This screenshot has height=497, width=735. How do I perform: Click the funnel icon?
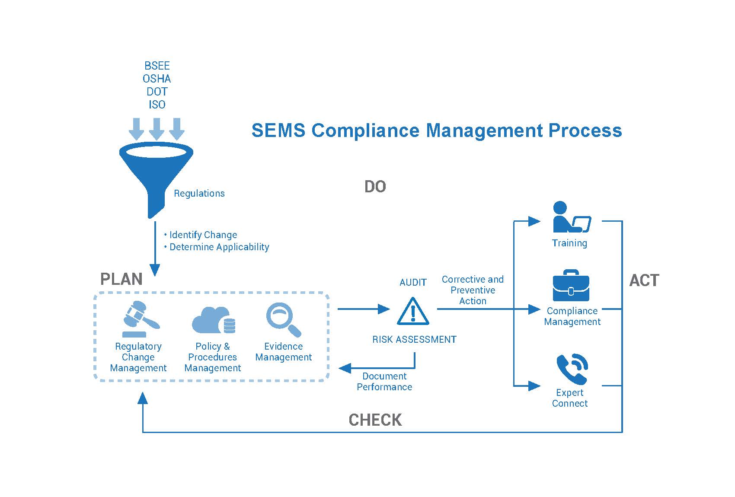(156, 174)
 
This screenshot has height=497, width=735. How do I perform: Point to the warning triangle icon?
(413, 311)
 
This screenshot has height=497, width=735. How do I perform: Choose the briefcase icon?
(571, 285)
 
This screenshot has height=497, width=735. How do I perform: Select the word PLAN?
(121, 279)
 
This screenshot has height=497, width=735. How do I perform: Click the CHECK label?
(375, 420)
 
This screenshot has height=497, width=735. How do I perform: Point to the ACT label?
(644, 280)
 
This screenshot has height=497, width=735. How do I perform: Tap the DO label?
(375, 187)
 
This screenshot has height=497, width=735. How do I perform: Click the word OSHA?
(157, 79)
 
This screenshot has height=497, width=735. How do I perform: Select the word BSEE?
(157, 66)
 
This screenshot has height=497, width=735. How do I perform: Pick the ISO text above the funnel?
(157, 105)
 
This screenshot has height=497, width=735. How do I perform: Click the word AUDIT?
(413, 283)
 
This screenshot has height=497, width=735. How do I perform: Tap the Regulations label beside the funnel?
(199, 194)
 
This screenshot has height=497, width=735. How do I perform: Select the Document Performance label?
(384, 382)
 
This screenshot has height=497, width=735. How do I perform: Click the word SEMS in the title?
(278, 131)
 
